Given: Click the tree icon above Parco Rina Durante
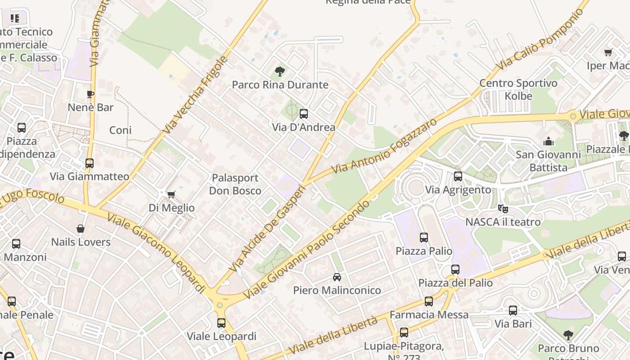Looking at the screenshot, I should click(279, 71).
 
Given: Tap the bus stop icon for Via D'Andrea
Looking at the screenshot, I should click(304, 114).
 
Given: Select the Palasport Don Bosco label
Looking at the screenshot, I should click(235, 184).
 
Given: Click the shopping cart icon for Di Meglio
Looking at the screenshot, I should click(171, 194).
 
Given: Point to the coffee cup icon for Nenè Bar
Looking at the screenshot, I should click(90, 94).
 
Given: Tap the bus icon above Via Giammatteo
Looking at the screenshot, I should click(90, 163).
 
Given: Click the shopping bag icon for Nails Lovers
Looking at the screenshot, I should click(81, 229).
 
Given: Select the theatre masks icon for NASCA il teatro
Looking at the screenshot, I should click(503, 208).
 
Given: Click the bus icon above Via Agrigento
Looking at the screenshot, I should click(458, 176).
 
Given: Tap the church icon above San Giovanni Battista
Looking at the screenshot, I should click(549, 142).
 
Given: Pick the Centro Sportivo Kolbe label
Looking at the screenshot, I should click(518, 90).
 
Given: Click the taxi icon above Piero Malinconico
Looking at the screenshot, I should click(337, 277).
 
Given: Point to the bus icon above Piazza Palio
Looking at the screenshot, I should click(423, 237).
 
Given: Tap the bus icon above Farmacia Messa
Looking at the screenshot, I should click(429, 301).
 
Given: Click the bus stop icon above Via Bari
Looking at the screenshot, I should click(513, 310).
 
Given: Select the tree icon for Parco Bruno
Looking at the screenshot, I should click(568, 335).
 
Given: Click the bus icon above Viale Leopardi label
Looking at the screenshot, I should click(221, 323).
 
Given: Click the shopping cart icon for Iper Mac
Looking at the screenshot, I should click(608, 53).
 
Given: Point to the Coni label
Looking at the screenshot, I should click(121, 130).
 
